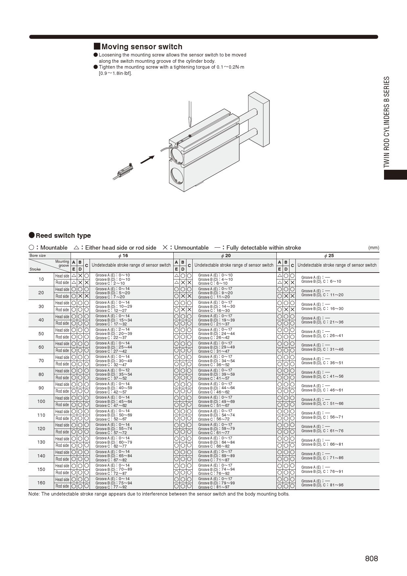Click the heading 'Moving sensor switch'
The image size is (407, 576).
tap(141, 47)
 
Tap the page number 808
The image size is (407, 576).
tap(371, 559)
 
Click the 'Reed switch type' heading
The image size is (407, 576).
tap(63, 235)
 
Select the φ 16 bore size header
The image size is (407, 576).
tap(123, 256)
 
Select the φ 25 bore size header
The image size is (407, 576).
tap(329, 256)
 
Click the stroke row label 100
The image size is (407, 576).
tap(41, 401)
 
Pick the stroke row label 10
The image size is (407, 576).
tap(41, 279)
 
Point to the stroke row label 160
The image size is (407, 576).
tap(41, 483)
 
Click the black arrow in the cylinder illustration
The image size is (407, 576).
tap(147, 160)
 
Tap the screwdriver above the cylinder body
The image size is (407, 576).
tap(189, 114)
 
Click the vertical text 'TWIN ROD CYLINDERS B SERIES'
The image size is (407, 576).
tap(387, 122)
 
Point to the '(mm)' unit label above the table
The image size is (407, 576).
tap(374, 248)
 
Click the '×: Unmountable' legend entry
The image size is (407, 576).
tap(186, 248)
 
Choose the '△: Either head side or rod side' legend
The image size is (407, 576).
tap(115, 248)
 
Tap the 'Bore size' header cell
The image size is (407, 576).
tap(38, 255)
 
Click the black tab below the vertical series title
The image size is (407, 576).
tap(396, 174)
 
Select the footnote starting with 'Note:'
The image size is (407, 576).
tap(159, 494)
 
